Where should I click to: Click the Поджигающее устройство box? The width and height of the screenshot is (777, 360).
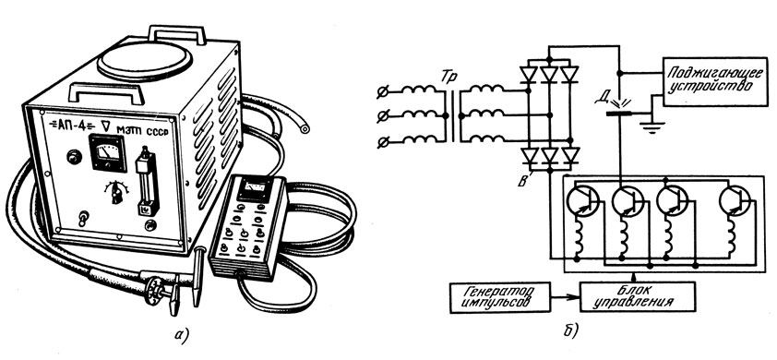[x=715, y=81]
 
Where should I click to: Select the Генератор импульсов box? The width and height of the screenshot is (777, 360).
[x=500, y=297]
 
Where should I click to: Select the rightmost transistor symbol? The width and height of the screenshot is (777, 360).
[x=735, y=201]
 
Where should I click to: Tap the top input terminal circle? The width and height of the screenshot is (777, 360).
[x=383, y=91]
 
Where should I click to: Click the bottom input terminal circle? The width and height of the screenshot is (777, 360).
[x=383, y=142]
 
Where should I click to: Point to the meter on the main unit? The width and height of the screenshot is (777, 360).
[x=108, y=152]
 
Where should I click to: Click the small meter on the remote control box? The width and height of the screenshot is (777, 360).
[x=254, y=190]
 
